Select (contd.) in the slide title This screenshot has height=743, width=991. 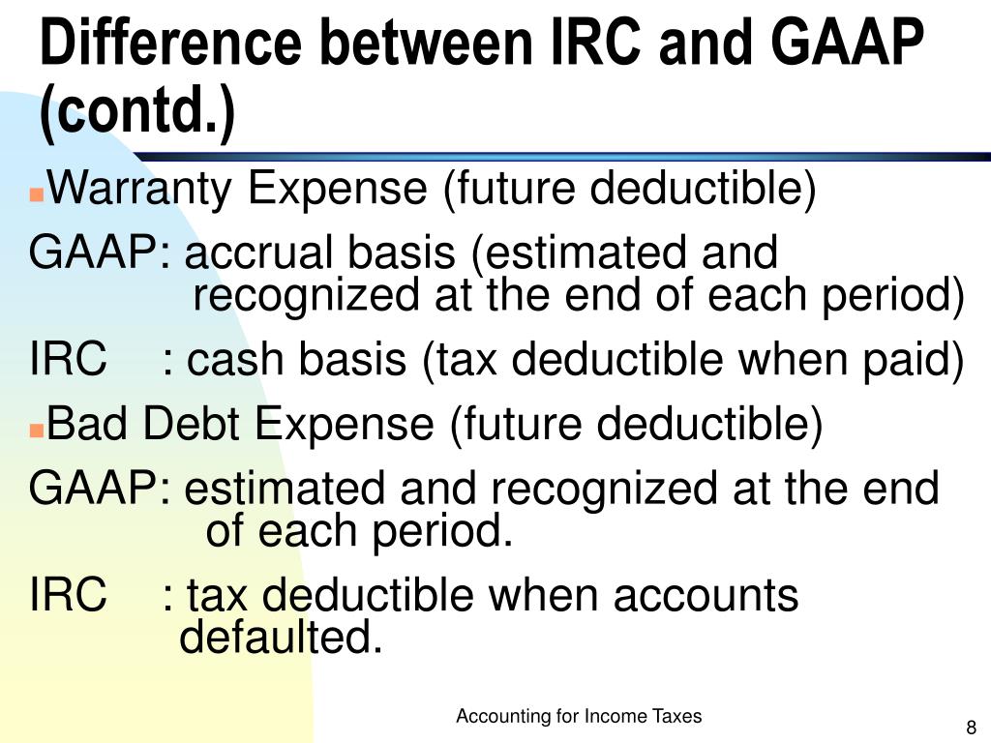coord(136,113)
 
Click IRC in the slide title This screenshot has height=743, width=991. coord(603,45)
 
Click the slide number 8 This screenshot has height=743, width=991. coord(971,728)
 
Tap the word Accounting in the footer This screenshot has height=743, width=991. coord(502,717)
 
